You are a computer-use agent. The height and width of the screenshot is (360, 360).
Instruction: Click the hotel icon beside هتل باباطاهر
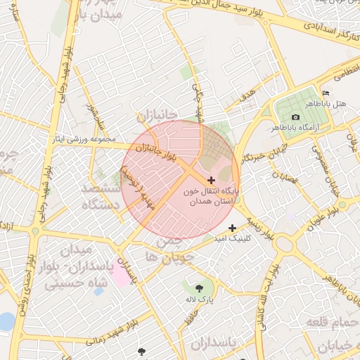325,94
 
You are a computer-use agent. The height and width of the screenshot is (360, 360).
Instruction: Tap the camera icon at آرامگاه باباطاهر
295,117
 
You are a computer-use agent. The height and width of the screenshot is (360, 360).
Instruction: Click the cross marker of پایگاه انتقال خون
212,181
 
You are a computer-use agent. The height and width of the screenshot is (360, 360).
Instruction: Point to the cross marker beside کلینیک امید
233,227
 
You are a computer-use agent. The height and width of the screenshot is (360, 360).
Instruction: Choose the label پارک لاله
199,300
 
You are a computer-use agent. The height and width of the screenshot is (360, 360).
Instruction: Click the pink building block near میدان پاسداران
120,276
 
